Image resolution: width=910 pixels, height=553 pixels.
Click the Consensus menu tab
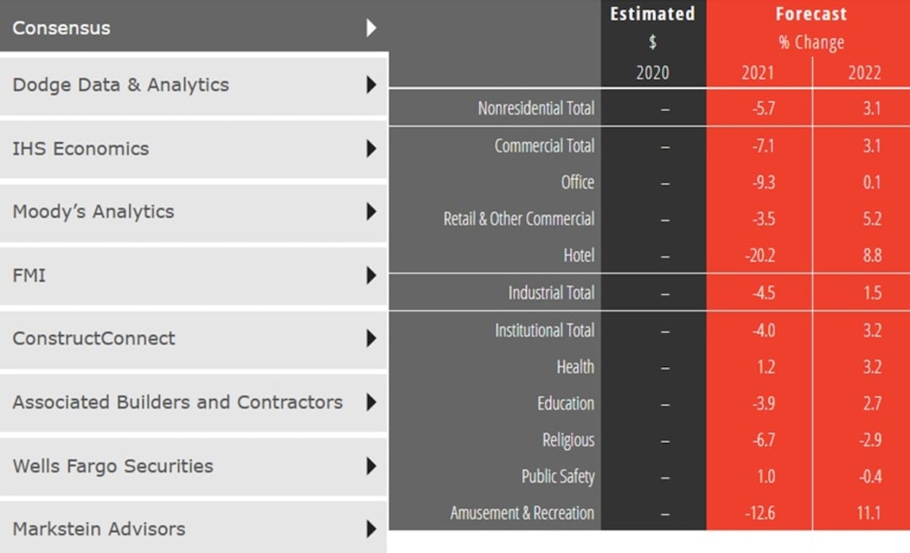tap(61, 28)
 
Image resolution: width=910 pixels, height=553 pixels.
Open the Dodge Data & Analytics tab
tap(121, 84)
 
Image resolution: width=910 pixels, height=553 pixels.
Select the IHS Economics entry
tap(80, 148)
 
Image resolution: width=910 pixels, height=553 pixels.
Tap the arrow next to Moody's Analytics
tap(371, 211)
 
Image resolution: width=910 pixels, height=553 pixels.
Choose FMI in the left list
tap(29, 275)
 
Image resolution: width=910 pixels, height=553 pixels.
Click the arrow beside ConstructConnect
tap(371, 338)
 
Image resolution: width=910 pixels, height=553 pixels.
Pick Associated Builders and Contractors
tap(177, 402)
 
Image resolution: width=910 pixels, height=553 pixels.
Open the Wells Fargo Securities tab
tap(113, 465)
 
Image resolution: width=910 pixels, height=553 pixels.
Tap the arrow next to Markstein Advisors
tap(371, 528)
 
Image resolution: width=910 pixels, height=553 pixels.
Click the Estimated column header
tap(652, 14)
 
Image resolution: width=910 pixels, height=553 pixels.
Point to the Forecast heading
tap(811, 14)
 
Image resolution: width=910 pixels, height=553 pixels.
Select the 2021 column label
tap(758, 72)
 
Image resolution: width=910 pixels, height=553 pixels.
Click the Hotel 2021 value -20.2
tap(759, 256)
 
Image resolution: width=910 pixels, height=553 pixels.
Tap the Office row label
tap(577, 182)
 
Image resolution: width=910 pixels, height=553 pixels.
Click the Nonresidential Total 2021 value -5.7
tap(764, 108)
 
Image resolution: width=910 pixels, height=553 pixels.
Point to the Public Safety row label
tap(557, 476)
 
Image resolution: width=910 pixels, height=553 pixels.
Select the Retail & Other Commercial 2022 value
tap(871, 219)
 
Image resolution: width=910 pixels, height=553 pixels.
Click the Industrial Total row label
tap(551, 293)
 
